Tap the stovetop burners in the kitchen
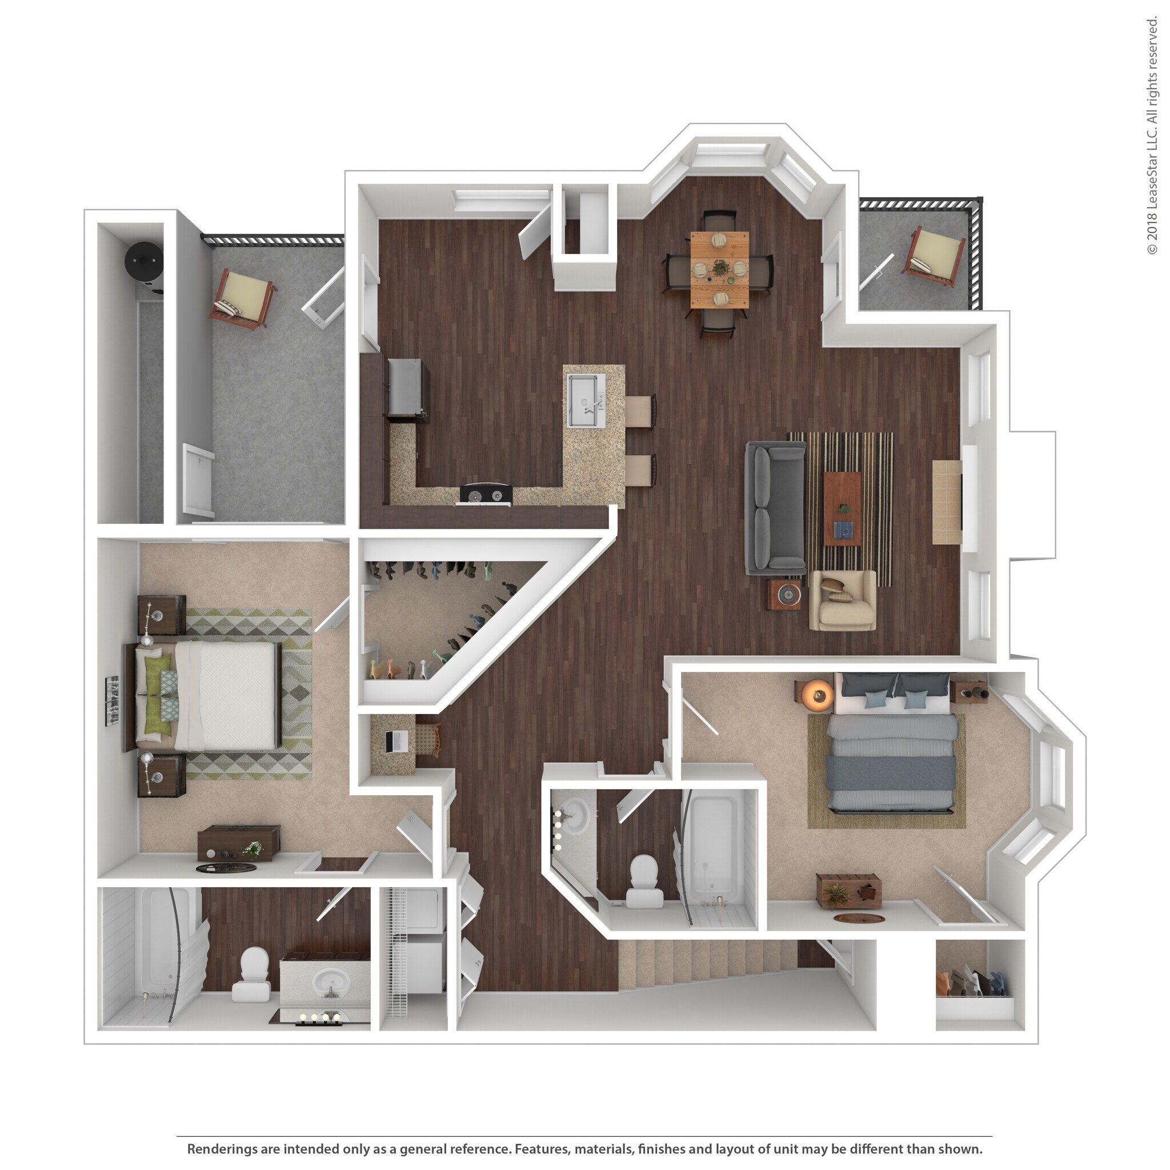[486, 495]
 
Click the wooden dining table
[719, 270]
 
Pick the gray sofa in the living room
[775, 507]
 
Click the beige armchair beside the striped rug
[843, 601]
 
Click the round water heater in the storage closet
[143, 261]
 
